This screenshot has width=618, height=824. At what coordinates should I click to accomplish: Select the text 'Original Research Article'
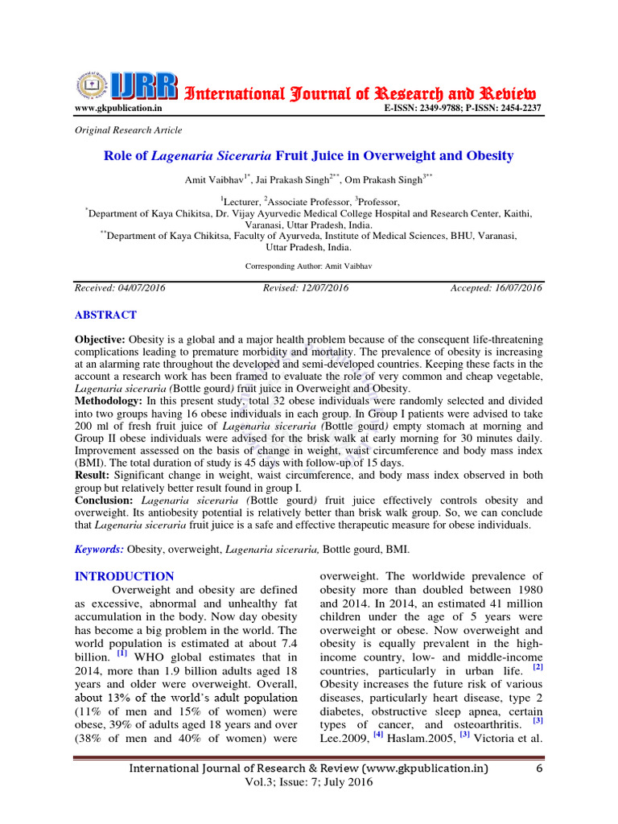[x=128, y=130]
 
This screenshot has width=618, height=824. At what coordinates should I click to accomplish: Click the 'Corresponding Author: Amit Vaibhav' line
[x=308, y=265]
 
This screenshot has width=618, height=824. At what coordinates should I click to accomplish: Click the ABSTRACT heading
[x=105, y=315]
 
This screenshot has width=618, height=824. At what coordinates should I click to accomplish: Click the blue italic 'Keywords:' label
[x=99, y=549]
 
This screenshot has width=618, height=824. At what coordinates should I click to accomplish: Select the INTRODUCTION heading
[x=124, y=576]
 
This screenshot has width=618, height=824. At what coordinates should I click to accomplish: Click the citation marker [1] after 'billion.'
[x=122, y=653]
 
